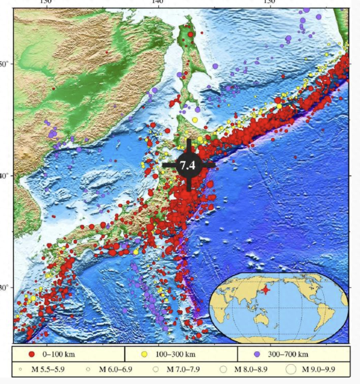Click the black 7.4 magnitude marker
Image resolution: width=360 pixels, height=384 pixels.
click(x=188, y=164)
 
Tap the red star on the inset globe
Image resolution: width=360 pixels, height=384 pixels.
click(x=265, y=290)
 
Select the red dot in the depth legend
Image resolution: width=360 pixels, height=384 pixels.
click(x=32, y=354)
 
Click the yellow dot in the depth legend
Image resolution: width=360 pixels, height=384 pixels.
click(x=144, y=354)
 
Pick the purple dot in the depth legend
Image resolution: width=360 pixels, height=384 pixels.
click(x=256, y=354)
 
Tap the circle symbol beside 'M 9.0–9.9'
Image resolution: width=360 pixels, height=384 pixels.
click(x=291, y=370)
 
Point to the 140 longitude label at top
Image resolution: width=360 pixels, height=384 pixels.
click(x=157, y=3)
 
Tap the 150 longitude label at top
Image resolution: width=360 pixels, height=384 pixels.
click(x=269, y=3)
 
